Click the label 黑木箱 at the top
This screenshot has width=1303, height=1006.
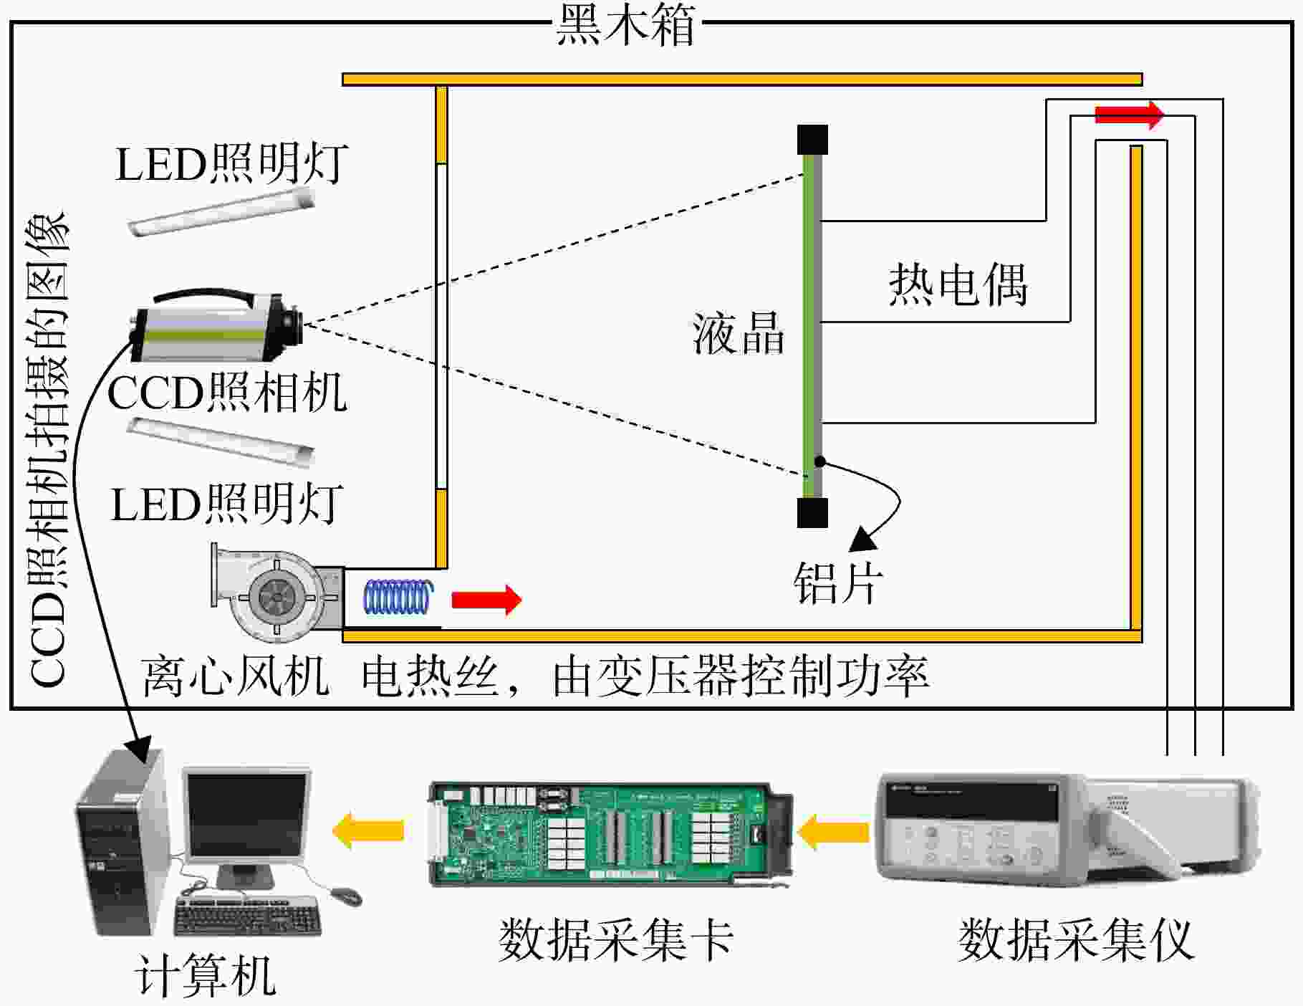tap(626, 25)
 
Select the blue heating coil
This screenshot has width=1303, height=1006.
tap(399, 598)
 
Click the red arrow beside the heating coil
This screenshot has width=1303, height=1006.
tap(486, 599)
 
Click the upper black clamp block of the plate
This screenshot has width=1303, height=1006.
tap(812, 140)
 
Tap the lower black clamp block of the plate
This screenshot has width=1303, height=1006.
tap(812, 512)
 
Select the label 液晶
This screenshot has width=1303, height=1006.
tap(738, 333)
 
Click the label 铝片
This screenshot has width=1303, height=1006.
tap(838, 582)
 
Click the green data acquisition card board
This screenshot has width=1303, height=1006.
tap(611, 834)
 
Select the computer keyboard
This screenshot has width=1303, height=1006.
tap(247, 916)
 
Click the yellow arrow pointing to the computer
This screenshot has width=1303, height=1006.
tap(368, 830)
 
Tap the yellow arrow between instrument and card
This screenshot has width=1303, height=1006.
tap(832, 832)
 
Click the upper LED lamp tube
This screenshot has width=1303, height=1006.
tap(222, 211)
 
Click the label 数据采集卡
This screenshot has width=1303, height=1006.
tap(615, 939)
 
